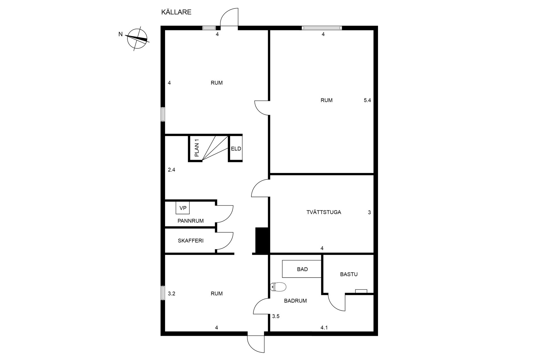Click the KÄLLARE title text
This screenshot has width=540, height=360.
coord(176,12)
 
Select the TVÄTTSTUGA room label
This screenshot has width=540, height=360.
coord(324,212)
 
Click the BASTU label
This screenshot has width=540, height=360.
coord(349,274)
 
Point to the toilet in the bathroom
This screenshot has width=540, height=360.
coord(278,287)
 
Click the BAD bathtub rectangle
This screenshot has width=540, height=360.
coord(302,269)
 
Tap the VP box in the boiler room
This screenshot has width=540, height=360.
coord(183,208)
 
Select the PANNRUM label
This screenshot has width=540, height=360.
coord(190,221)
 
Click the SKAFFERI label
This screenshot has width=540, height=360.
coord(190,241)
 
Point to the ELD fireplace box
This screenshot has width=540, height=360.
coord(236,148)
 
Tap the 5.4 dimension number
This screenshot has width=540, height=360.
coord(367,100)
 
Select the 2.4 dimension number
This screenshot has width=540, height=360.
coord(172,170)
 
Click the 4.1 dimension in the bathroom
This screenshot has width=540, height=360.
coord(324,328)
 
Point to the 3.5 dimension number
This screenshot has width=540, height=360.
coord(276,316)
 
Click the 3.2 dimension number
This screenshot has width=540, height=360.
coord(172,294)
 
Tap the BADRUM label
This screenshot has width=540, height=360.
coord(295,301)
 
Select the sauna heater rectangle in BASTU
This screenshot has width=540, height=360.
coord(361,291)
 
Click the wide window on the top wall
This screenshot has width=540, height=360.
coord(322,28)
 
